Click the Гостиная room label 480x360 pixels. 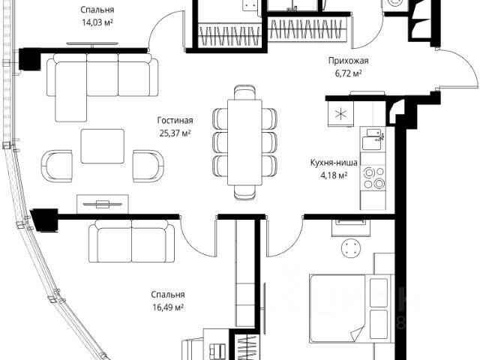(175, 121)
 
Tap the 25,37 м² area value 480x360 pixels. (175, 133)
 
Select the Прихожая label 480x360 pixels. (348, 61)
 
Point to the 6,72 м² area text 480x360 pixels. (348, 73)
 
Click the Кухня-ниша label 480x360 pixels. (334, 163)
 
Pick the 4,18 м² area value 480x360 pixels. (334, 175)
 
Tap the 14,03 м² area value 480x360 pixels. (97, 22)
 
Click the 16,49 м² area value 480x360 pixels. (168, 307)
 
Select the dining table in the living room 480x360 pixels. (244, 142)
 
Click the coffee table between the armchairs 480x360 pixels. (103, 146)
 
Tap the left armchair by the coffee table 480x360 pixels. (57, 166)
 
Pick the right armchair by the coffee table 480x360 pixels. (148, 166)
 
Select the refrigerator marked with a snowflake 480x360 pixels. (340, 113)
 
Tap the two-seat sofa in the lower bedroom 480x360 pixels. (132, 241)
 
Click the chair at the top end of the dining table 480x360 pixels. (244, 91)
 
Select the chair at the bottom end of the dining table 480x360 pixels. (244, 193)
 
